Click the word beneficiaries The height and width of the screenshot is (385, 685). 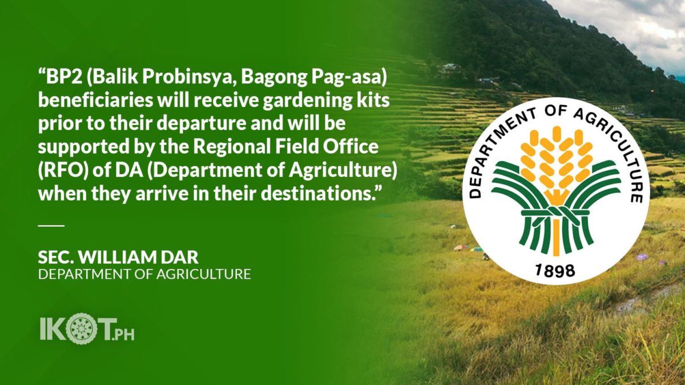(95, 101)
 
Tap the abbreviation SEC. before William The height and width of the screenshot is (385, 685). (56, 258)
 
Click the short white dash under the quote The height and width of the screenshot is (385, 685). (51, 226)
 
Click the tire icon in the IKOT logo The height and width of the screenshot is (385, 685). (81, 328)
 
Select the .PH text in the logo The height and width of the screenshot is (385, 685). (123, 335)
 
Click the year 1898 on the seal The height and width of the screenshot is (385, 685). (555, 271)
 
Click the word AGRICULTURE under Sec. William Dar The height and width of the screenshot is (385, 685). (204, 274)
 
